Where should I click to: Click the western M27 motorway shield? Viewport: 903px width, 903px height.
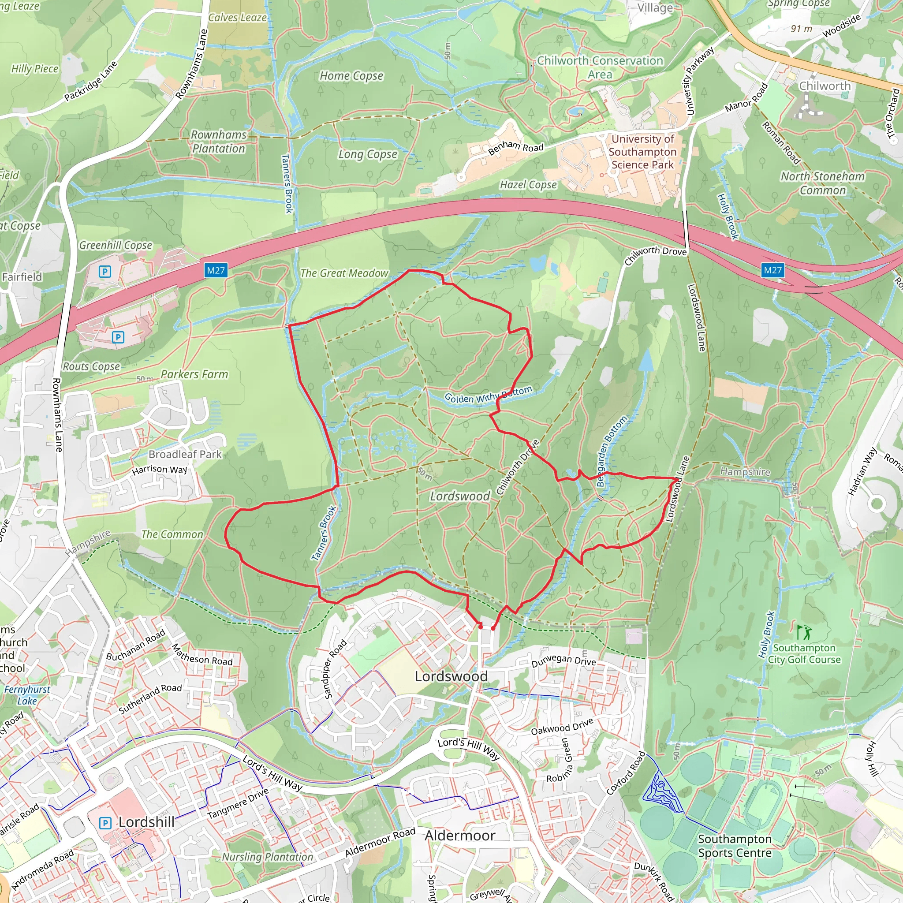[216, 270]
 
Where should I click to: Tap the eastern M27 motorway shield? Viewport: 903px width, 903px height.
[772, 270]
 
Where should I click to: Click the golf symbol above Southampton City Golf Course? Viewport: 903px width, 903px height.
[804, 633]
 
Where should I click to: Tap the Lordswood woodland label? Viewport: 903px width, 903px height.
[460, 496]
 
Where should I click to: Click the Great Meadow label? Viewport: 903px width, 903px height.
[344, 273]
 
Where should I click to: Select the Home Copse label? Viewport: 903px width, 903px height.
[351, 76]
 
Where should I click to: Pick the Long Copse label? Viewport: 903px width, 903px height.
[368, 154]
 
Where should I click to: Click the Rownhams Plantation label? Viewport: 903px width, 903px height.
[219, 142]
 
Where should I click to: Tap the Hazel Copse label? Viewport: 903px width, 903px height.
[528, 185]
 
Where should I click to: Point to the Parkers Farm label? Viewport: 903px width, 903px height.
[194, 374]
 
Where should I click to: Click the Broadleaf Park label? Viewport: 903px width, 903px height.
[185, 454]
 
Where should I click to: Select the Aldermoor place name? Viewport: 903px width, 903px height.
[460, 835]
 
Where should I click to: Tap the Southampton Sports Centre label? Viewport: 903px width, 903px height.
[735, 846]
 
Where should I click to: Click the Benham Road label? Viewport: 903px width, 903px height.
[515, 147]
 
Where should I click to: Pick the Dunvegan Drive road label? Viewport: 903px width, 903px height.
[563, 661]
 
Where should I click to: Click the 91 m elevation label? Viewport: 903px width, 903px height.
[802, 29]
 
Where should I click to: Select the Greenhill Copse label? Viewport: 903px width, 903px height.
[116, 246]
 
